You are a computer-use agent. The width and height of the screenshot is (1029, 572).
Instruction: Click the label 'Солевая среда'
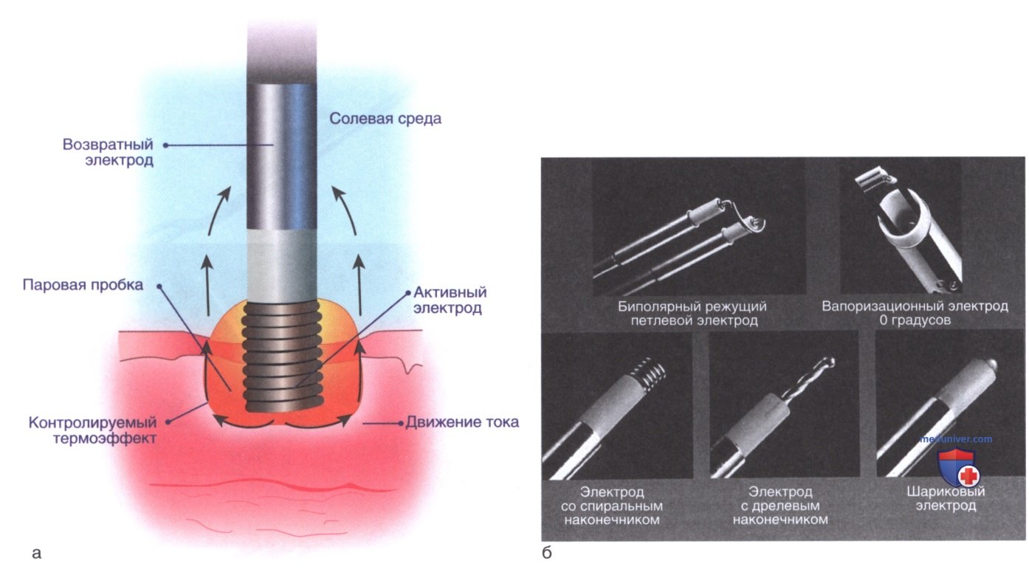coord(385,119)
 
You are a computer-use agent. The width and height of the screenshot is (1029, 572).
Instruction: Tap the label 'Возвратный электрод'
coord(108,152)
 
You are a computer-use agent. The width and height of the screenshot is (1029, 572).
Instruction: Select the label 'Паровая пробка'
coord(83,285)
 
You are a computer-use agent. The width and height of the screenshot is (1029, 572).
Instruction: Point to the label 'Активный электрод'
coord(450,300)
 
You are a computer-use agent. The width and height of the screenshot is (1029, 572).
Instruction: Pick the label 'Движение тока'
coord(462,422)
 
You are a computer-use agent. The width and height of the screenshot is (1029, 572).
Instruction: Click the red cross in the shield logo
coord(968,476)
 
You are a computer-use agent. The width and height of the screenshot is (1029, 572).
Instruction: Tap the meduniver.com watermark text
coord(955,439)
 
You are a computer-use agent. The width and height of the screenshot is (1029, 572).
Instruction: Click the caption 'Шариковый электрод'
coord(946,498)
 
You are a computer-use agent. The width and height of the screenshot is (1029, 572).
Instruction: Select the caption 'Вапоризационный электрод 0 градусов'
coord(915,313)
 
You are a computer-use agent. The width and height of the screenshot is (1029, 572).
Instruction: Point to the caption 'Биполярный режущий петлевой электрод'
coord(692,314)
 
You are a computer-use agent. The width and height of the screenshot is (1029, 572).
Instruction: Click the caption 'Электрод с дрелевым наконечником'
coord(780,506)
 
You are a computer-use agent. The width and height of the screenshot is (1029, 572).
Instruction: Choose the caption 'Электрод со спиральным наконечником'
coord(611,506)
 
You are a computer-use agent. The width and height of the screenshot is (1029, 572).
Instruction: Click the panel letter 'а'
coord(37,554)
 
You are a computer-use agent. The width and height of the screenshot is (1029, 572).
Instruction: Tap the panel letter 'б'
coord(547,553)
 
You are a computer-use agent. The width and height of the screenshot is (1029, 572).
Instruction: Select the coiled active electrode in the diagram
coord(281,356)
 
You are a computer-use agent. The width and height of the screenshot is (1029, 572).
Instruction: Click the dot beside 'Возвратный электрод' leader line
coord(165,145)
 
